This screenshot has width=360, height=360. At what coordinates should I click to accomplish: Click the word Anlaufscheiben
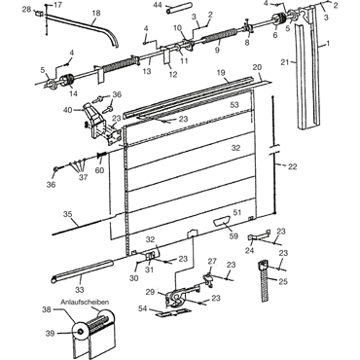click(85, 302)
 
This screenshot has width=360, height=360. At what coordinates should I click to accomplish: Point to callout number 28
click(27, 10)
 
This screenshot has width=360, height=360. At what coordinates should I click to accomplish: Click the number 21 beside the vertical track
click(284, 63)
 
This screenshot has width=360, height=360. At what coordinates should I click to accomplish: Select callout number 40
click(67, 110)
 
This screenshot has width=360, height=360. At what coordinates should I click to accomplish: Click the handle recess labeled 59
click(221, 223)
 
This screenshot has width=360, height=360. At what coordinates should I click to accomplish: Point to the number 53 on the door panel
click(234, 105)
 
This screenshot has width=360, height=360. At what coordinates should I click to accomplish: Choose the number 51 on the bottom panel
click(237, 212)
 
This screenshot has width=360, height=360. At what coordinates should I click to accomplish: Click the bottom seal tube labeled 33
click(82, 269)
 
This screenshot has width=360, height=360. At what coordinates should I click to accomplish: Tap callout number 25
click(283, 281)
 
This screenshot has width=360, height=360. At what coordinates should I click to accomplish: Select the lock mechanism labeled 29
click(176, 298)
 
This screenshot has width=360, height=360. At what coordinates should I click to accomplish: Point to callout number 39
click(50, 333)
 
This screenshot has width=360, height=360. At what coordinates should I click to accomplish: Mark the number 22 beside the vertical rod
click(293, 166)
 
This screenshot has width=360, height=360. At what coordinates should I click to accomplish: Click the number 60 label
click(99, 169)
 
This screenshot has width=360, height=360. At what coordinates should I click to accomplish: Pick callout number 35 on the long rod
click(68, 214)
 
